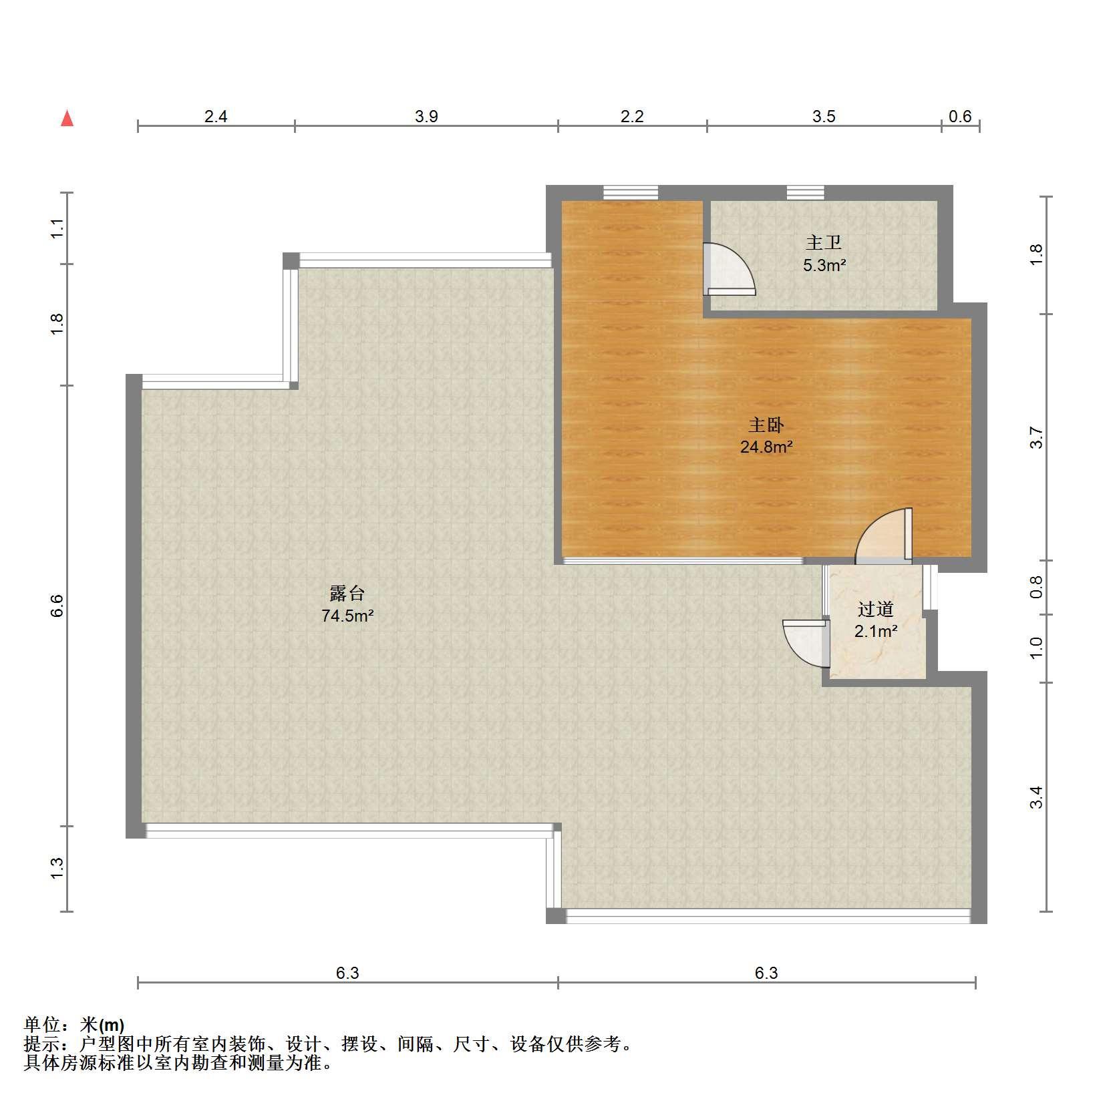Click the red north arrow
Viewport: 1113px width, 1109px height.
pyautogui.click(x=67, y=118)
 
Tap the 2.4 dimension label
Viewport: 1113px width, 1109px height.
pyautogui.click(x=216, y=117)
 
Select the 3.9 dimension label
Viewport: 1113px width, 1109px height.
pyautogui.click(x=426, y=117)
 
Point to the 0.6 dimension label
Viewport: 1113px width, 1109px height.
pyautogui.click(x=960, y=117)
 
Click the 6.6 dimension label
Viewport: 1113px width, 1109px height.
pyautogui.click(x=57, y=606)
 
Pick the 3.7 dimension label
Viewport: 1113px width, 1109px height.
pyautogui.click(x=1036, y=437)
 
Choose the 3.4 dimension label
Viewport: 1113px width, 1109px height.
pyautogui.click(x=1036, y=797)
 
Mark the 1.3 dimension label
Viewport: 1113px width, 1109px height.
pyautogui.click(x=57, y=868)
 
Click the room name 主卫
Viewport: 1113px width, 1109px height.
pyautogui.click(x=824, y=242)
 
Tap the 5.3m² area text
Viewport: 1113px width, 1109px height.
pyautogui.click(x=824, y=265)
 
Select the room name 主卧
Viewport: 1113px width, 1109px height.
pyautogui.click(x=766, y=425)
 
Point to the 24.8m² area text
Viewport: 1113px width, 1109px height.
pyautogui.click(x=766, y=447)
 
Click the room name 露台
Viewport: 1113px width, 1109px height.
pyautogui.click(x=347, y=593)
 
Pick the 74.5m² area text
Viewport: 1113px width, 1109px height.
pyautogui.click(x=347, y=616)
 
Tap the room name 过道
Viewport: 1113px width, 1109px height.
pyautogui.click(x=875, y=609)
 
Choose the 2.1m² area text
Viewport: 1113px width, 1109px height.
pyautogui.click(x=876, y=631)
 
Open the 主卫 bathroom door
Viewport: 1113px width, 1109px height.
pyautogui.click(x=729, y=268)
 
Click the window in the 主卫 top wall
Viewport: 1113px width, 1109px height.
pyautogui.click(x=805, y=192)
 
